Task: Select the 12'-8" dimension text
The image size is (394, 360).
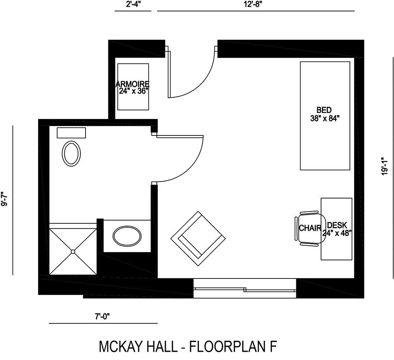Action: coord(255,5)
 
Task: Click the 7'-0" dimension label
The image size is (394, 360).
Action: coord(103,316)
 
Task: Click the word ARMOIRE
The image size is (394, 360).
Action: coord(133,84)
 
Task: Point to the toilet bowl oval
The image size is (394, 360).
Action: coord(71,153)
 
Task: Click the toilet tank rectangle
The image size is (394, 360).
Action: coord(71,133)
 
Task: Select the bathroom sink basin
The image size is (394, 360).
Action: coord(127,236)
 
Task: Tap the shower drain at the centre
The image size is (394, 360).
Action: coord(73,251)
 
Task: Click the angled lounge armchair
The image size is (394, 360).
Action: coord(198,239)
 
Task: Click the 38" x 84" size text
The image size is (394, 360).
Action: coord(325,117)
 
